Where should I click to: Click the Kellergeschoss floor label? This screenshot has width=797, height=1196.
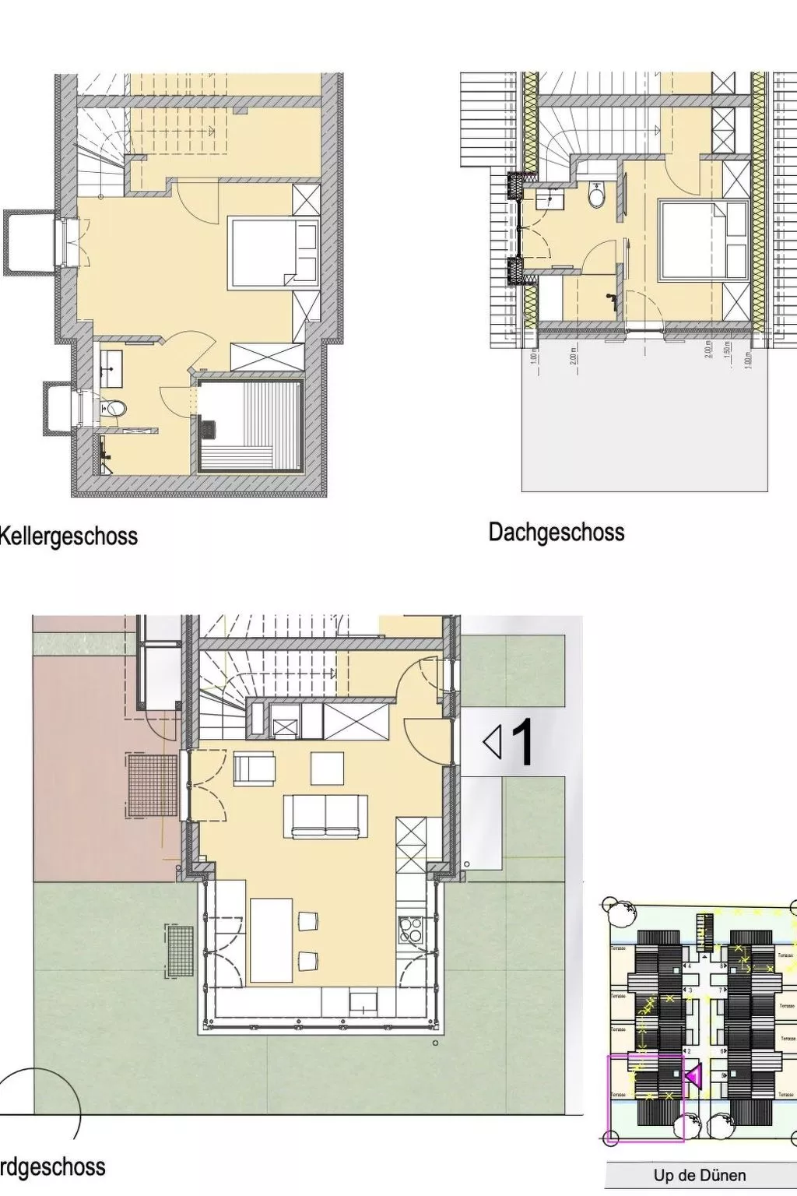(68, 536)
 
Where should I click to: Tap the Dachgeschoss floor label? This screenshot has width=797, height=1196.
(556, 533)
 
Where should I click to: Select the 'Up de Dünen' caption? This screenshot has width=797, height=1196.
(699, 1175)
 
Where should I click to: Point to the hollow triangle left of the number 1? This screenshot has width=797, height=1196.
(492, 742)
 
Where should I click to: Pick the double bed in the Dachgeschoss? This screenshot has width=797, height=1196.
(702, 240)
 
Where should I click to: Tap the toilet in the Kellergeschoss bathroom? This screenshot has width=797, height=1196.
(114, 408)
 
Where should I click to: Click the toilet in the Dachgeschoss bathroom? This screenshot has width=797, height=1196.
(597, 195)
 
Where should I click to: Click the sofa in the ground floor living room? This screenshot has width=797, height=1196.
(325, 817)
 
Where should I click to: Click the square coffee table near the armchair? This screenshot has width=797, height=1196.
(327, 768)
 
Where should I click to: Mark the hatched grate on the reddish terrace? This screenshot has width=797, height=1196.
(153, 785)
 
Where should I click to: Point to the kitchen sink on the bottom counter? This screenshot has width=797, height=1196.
(363, 999)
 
